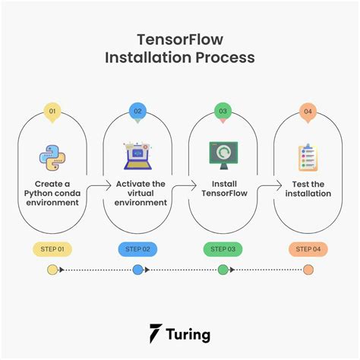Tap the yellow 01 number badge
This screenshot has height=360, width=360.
pyautogui.click(x=52, y=111)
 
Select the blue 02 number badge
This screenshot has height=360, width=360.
pyautogui.click(x=137, y=111)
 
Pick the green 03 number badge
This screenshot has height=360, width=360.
pyautogui.click(x=223, y=111)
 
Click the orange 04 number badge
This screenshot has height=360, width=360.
pyautogui.click(x=308, y=111)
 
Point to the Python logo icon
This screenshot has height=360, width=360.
pyautogui.click(x=52, y=157)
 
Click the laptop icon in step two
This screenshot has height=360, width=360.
pyautogui.click(x=137, y=156)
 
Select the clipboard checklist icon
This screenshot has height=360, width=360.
pyautogui.click(x=308, y=157)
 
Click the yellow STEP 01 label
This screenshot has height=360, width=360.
pyautogui.click(x=52, y=248)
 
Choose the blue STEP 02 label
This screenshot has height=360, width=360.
pyautogui.click(x=137, y=248)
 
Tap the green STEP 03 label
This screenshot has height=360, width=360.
pyautogui.click(x=223, y=248)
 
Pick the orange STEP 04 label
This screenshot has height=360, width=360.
pyautogui.click(x=308, y=248)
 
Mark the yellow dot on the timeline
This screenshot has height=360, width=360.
pyautogui.click(x=52, y=270)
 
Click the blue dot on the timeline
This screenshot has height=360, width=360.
pyautogui.click(x=137, y=270)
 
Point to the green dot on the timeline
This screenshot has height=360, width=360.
pyautogui.click(x=223, y=270)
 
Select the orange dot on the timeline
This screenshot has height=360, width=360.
pyautogui.click(x=308, y=270)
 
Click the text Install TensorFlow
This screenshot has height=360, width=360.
pyautogui.click(x=223, y=188)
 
